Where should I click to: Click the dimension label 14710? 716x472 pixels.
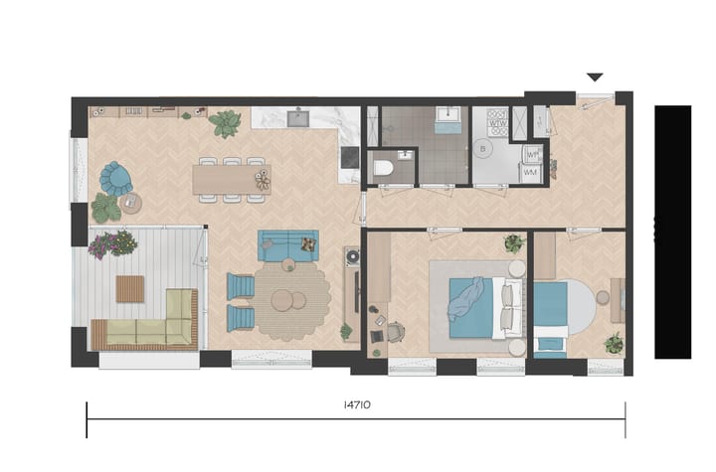(355, 406)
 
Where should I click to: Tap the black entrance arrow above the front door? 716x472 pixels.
(595, 77)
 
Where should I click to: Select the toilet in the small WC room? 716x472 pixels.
(382, 169)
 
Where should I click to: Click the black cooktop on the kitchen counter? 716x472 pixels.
(348, 157)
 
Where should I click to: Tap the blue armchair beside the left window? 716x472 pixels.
(115, 178)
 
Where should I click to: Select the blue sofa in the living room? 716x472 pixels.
(288, 245)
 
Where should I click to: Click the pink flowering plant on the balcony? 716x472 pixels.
(111, 242)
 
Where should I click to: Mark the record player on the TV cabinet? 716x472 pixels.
(351, 256)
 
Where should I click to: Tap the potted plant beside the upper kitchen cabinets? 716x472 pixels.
(226, 123)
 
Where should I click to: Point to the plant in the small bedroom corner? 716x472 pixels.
(614, 343)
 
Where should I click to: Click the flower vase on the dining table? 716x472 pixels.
(262, 179)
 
